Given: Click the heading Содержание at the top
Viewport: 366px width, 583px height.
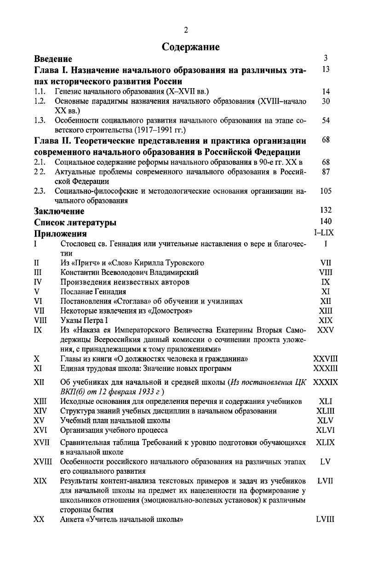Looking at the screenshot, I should [x=191, y=47].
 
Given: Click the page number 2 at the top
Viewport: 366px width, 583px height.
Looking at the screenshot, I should [x=186, y=30].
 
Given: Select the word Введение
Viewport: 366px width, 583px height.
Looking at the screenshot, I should [x=53, y=59].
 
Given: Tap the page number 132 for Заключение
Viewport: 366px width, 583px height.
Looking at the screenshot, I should [x=326, y=211].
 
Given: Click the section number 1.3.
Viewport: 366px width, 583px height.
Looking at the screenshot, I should [x=40, y=120].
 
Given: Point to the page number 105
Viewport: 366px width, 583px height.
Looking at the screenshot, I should [x=326, y=191].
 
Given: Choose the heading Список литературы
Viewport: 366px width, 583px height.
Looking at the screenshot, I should [x=75, y=223].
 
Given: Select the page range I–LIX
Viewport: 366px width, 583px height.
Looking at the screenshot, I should [x=324, y=233].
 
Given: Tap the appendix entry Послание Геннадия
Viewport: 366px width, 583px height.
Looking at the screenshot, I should [x=93, y=291].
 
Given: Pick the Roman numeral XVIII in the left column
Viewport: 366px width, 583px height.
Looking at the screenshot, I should [x=43, y=461].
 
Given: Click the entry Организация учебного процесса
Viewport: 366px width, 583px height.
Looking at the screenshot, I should [x=114, y=430].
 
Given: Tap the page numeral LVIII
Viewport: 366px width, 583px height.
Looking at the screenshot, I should [x=325, y=520].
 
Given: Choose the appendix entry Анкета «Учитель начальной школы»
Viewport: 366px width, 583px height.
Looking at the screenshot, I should [x=122, y=520].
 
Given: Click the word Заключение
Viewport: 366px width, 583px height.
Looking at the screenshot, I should [x=59, y=211].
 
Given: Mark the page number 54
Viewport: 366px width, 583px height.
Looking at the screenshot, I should [x=326, y=120].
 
